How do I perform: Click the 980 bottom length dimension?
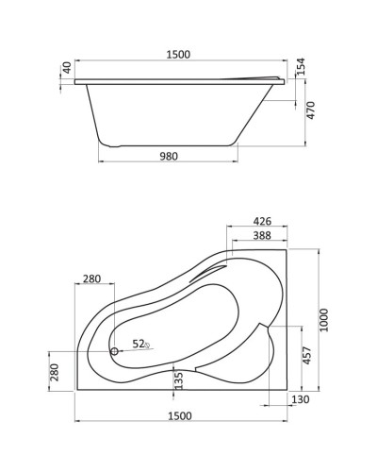click(170, 160)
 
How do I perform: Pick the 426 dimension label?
click(262, 222)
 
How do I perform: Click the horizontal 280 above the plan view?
click(91, 278)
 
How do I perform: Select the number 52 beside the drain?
click(138, 344)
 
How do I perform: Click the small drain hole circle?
click(115, 351)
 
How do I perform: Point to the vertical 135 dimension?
click(179, 380)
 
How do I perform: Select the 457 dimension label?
click(305, 357)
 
